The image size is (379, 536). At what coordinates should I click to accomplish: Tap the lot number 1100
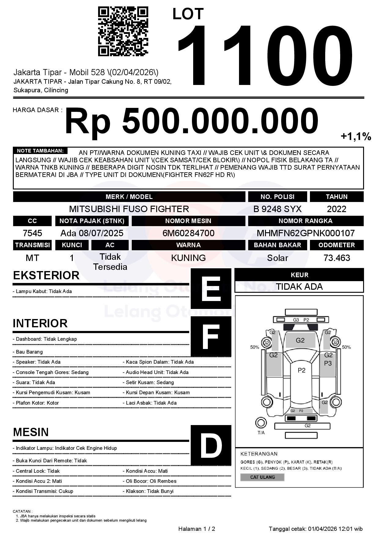coord(264,55)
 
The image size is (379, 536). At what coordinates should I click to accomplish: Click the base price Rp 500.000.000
coord(191,121)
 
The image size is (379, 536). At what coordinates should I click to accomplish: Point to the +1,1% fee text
coord(356,136)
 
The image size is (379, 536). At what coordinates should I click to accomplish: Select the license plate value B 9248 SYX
coord(277,209)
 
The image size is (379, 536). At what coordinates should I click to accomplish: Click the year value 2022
coord(337,209)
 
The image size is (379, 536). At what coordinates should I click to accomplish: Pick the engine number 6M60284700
coord(188,233)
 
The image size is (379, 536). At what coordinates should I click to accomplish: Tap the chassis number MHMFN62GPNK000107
coord(306,233)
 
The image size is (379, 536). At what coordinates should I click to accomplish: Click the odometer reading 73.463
coord(337,258)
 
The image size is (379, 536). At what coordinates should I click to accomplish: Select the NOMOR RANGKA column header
coord(306,221)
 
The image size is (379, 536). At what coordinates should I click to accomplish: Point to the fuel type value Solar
coord(277,258)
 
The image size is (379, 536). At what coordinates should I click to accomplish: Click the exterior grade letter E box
coord(211,288)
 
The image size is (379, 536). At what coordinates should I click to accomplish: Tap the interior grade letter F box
coord(211,336)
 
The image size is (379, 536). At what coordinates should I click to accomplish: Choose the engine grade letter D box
coord(211,445)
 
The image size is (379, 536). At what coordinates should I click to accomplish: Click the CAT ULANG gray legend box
coord(262,477)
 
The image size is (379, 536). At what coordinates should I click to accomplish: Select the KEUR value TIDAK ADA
coord(299,287)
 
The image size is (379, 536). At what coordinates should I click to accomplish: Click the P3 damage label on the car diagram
coord(328,363)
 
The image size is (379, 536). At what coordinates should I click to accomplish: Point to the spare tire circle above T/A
coord(261,423)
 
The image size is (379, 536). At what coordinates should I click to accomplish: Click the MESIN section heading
coord(31,432)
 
